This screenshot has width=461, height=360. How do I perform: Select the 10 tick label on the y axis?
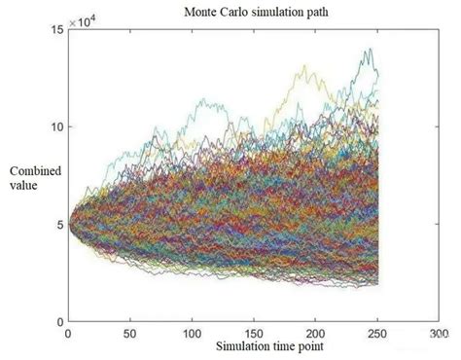[56, 126]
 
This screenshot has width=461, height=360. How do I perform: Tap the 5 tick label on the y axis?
[59, 224]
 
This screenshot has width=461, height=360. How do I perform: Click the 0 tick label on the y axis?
[59, 321]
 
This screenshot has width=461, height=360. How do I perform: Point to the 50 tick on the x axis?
[129, 334]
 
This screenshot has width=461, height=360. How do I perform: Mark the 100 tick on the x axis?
[191, 334]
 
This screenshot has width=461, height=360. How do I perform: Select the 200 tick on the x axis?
[313, 334]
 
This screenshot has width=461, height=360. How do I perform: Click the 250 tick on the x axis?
[375, 334]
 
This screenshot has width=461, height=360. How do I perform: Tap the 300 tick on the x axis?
[436, 334]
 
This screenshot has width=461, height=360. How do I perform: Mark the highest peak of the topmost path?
[369, 50]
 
